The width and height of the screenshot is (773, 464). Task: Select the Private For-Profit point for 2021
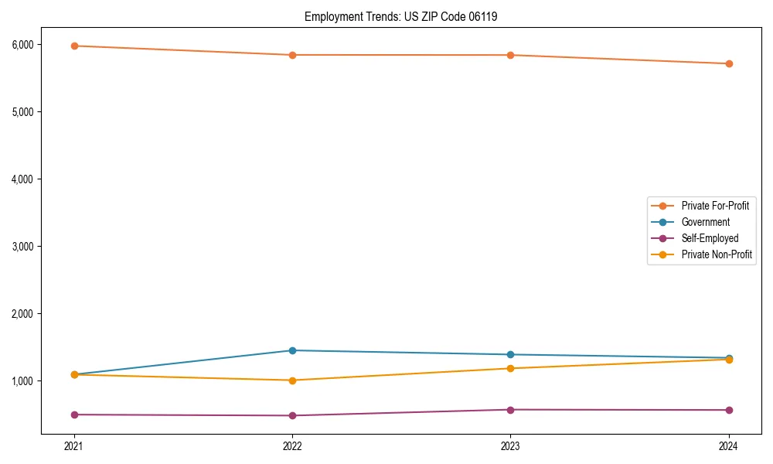[x=74, y=46]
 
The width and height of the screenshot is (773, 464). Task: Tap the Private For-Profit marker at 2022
[x=292, y=55]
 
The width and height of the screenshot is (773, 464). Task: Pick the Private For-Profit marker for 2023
[x=510, y=55]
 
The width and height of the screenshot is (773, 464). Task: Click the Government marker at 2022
[x=292, y=350]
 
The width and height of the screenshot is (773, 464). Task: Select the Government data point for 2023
[x=510, y=354]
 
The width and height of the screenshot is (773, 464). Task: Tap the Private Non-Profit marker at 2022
[x=292, y=380]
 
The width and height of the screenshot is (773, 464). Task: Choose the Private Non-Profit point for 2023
[x=510, y=368]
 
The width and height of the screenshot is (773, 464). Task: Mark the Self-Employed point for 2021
[x=74, y=415]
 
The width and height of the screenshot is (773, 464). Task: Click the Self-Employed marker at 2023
[x=510, y=410]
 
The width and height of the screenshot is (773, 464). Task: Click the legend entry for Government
[x=705, y=222]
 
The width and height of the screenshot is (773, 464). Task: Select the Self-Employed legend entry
[x=710, y=238]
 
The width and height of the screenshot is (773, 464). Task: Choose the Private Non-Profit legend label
[x=717, y=254]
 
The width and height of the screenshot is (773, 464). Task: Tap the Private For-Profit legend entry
[x=715, y=206]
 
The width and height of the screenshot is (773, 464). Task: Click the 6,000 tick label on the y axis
[x=22, y=45]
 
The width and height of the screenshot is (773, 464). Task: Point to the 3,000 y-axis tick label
[x=22, y=247]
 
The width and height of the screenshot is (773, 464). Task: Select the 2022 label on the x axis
[x=292, y=446]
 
